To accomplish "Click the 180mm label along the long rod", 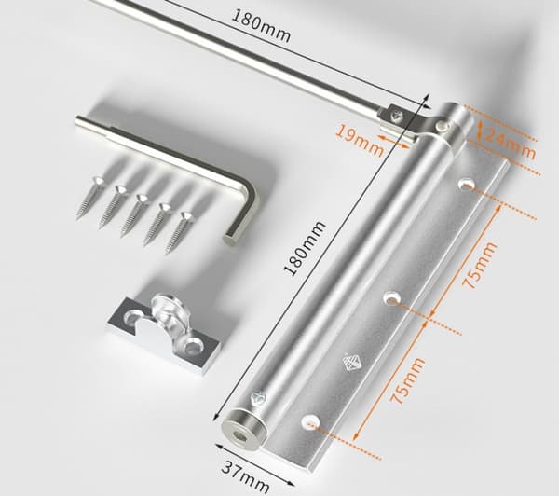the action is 261,25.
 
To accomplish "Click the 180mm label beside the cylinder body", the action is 306,248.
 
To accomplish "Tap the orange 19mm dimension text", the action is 360,140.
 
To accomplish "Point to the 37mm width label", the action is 246,478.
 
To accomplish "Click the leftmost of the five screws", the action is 90,196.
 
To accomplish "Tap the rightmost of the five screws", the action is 178,233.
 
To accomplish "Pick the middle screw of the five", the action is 134,214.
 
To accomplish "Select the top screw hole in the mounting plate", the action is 467,185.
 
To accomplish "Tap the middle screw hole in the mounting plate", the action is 391,296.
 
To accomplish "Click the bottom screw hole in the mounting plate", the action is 310,421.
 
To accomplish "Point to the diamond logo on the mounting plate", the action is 351,363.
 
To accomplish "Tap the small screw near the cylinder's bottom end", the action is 258,397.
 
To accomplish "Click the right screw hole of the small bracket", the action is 193,345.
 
